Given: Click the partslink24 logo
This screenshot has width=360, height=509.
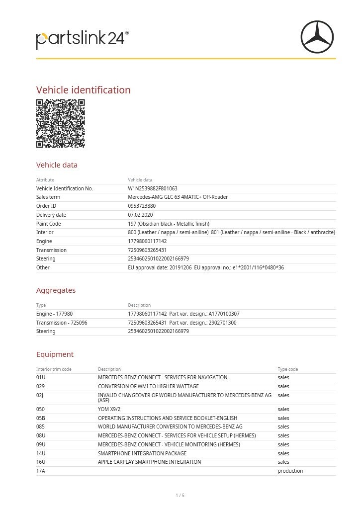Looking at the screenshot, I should point(82,39).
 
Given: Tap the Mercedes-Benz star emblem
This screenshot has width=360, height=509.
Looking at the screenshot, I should point(317,36).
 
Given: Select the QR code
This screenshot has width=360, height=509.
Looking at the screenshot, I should point(61,123).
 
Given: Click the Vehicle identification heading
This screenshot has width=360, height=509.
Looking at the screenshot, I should point(84,90).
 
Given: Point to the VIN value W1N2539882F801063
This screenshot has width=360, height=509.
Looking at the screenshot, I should point(153,188).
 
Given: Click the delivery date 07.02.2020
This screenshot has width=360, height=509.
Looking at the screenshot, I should point(140,215).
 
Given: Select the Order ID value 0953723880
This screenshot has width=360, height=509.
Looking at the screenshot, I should point(142,206).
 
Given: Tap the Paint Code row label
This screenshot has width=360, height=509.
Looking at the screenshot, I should point(48,224).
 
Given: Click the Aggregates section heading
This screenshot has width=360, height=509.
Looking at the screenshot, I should point(56,290).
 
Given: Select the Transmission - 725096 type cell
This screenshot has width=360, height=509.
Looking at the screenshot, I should point(62,323).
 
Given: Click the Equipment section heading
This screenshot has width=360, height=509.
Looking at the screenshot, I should point(55,354).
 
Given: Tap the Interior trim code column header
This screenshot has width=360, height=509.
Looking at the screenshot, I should point(54,369).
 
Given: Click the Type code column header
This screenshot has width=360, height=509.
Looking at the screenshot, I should point(288,369).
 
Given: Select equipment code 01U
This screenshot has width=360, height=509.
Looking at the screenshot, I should point(41,377).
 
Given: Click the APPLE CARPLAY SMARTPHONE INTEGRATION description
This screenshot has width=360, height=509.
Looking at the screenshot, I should point(149,462).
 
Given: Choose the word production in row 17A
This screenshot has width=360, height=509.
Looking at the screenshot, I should point(290,471).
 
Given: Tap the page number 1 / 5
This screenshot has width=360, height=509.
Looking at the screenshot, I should point(180,495).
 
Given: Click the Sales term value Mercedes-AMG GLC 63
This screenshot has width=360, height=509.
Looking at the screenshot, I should point(178,197).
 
